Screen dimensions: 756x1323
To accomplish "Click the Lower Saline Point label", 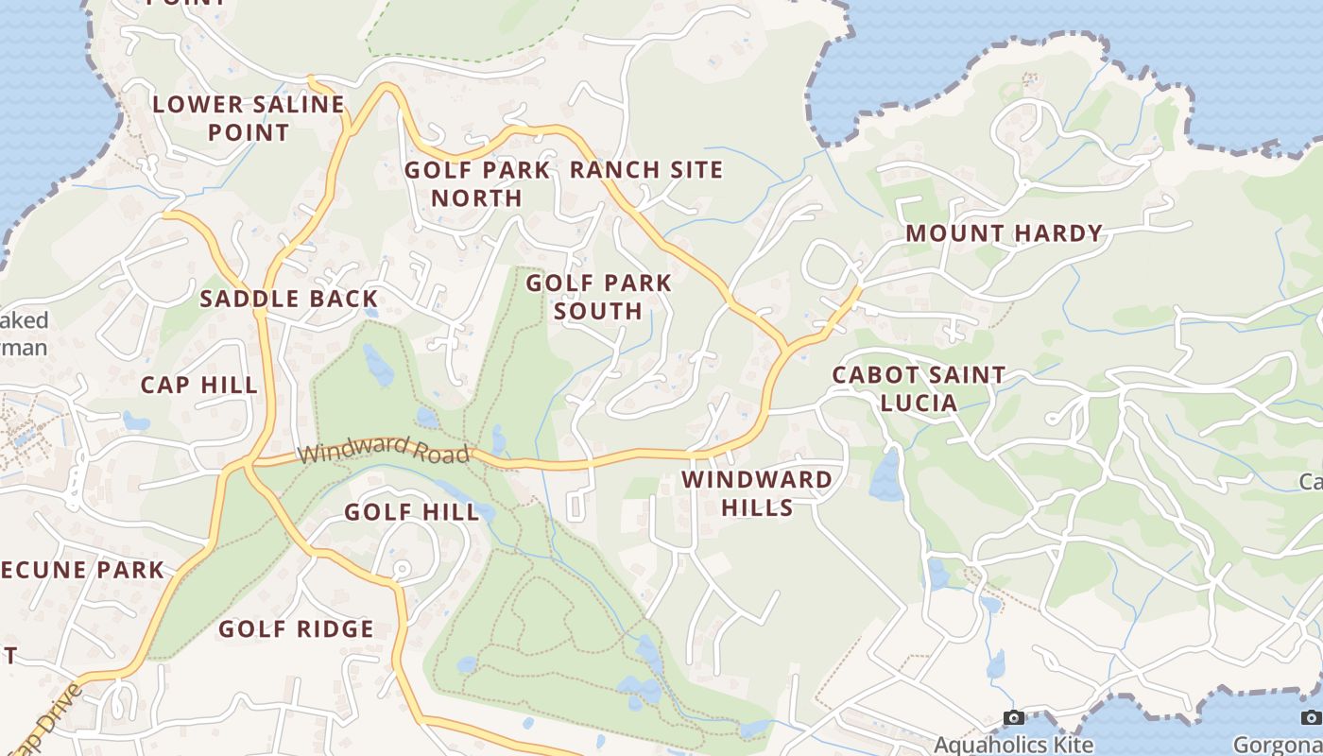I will click(249, 118).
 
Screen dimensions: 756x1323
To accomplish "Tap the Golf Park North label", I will click(477, 183).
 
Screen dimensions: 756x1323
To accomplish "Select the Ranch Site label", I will click(646, 170).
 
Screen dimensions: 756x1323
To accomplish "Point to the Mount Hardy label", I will click(1005, 233).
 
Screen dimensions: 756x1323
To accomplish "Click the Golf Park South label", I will click(598, 296).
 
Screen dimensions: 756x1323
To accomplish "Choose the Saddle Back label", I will click(289, 300).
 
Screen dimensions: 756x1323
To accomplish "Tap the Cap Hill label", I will click(198, 385).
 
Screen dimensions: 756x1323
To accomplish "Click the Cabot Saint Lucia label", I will click(919, 388).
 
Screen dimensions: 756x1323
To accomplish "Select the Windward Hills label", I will click(757, 493).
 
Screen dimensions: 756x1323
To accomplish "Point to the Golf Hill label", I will click(411, 512).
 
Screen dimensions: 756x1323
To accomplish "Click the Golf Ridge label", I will click(296, 628).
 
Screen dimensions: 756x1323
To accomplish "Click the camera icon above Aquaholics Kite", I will click(1014, 718).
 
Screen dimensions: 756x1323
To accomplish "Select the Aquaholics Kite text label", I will click(1014, 745).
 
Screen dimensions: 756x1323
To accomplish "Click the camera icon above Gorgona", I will click(1310, 718).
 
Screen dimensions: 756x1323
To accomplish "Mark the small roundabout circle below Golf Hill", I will click(401, 569).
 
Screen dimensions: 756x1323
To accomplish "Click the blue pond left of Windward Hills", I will click(885, 475).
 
